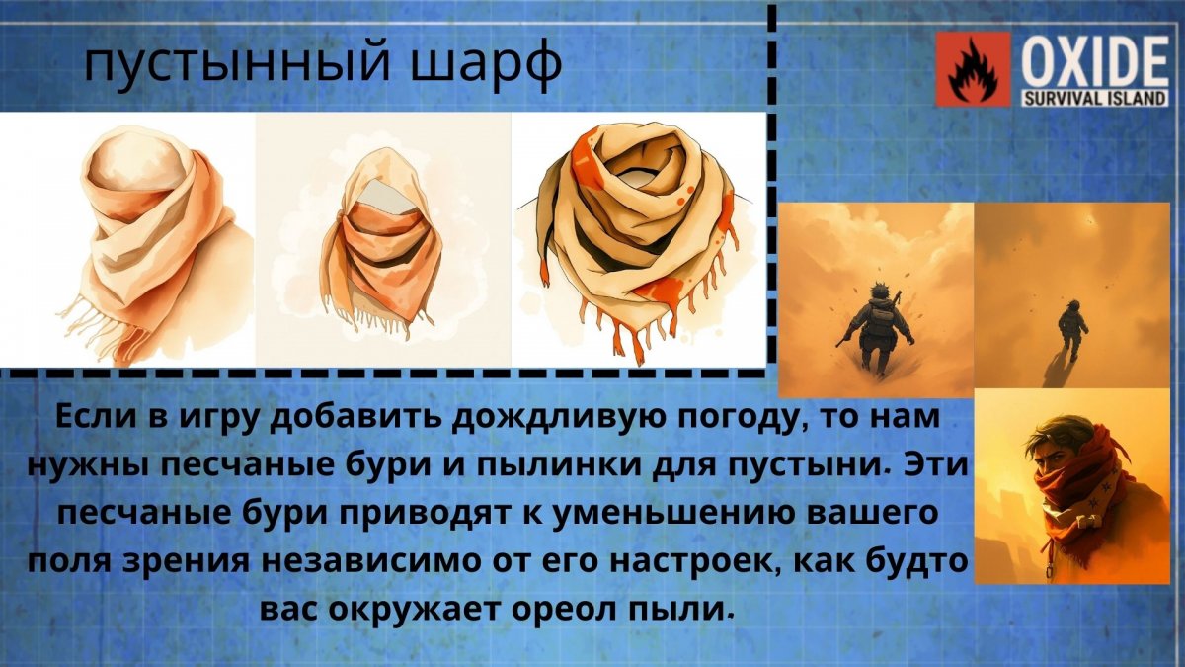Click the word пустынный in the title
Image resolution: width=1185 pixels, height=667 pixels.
click(x=238, y=63)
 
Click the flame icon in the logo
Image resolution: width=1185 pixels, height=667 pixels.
click(x=973, y=69)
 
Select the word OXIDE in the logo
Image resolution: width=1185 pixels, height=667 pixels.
click(x=1094, y=61)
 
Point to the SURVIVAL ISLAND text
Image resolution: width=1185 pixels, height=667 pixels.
click(x=1094, y=99)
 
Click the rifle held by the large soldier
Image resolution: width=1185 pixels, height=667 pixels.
click(x=847, y=335)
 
